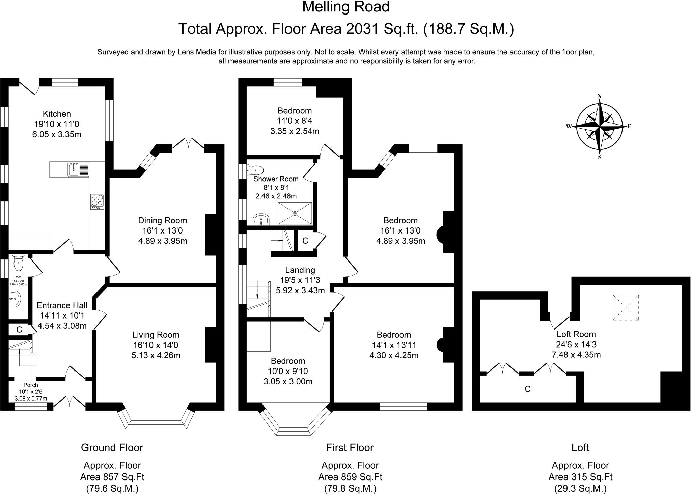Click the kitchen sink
coord(79,169)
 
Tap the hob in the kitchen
coord(98,202)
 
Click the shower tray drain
coord(295,213)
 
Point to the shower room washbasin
coord(261,220)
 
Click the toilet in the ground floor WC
coord(18,262)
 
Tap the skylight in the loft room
coord(626,307)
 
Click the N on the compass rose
coord(600,96)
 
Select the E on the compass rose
coord(629,127)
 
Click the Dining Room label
coord(162,220)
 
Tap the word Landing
coord(300,270)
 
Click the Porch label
coord(31,385)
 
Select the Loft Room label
coord(576,334)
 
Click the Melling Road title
coord(346,7)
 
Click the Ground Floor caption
coord(112,448)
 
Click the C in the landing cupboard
coord(305,241)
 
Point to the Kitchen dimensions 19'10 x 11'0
coord(57,124)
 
